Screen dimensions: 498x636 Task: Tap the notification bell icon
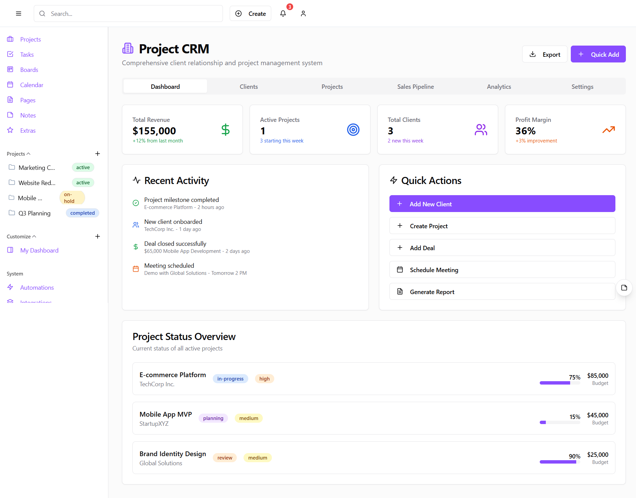(x=283, y=14)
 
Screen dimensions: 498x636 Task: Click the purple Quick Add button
(x=598, y=54)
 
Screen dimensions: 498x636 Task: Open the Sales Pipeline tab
(x=415, y=87)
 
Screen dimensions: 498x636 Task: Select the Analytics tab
(x=499, y=87)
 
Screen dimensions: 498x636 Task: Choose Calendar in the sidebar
(x=31, y=85)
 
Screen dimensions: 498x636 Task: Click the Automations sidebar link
(x=37, y=288)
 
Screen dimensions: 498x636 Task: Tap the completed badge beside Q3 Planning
(x=82, y=213)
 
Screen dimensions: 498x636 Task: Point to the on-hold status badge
(x=72, y=198)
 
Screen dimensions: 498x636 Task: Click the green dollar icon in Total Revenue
(x=225, y=130)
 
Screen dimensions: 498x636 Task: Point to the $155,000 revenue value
(x=154, y=131)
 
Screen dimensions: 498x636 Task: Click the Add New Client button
(x=502, y=204)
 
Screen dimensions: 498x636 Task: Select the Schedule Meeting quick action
(x=502, y=270)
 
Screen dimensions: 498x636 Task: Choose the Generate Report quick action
(x=502, y=292)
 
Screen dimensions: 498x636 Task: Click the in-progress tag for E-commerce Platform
(x=230, y=379)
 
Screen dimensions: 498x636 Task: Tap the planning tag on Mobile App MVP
(x=213, y=418)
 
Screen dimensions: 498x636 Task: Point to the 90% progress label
(x=574, y=456)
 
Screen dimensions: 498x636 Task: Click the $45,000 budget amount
(x=597, y=415)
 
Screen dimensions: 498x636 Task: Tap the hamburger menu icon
(x=19, y=14)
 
